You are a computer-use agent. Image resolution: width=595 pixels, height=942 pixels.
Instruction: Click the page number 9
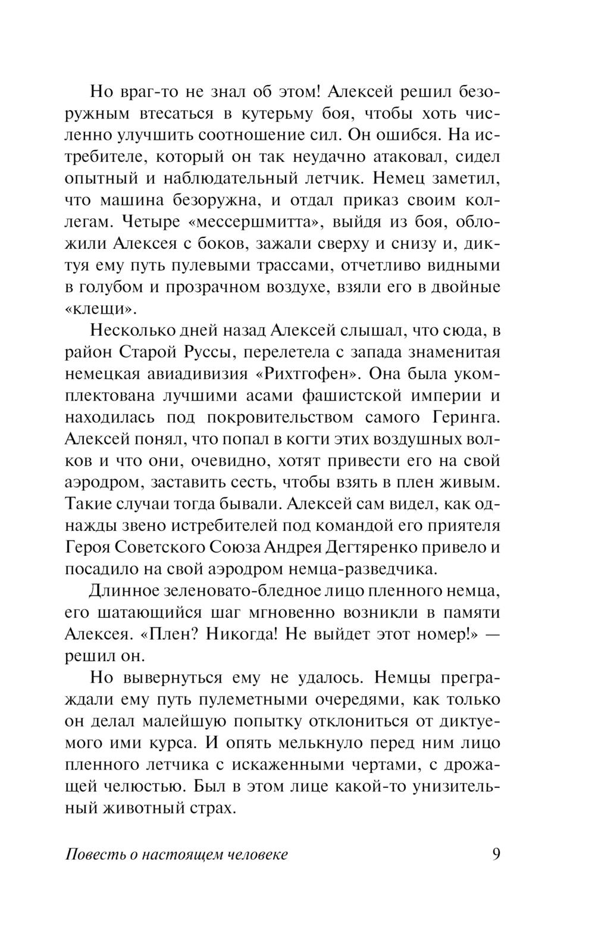click(496, 854)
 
